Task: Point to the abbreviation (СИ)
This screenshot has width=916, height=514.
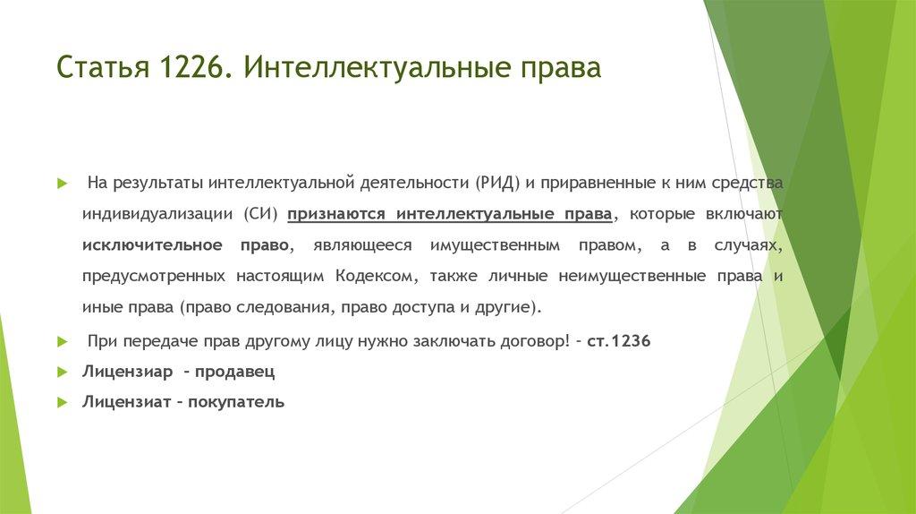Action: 262,214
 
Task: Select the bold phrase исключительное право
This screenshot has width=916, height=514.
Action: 185,244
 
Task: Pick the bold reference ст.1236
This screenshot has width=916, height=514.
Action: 619,342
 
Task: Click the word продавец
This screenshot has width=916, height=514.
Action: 235,371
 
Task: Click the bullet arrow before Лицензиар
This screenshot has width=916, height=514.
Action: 62,372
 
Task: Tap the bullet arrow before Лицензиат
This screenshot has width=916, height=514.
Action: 62,402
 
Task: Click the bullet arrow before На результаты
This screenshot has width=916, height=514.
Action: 62,184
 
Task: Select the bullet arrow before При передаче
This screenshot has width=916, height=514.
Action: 62,342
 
